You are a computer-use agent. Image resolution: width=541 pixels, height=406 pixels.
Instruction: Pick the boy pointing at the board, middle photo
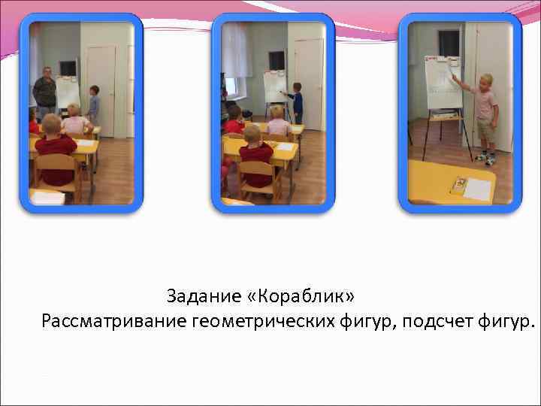coord(296,101)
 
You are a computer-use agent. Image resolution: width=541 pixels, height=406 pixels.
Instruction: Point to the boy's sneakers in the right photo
coord(485,159)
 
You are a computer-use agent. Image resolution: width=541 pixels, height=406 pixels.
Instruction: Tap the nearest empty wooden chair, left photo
coord(58,173)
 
